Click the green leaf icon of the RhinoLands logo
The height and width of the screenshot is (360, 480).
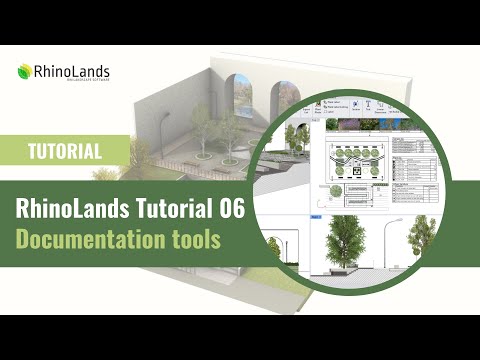pyautogui.click(x=24, y=72)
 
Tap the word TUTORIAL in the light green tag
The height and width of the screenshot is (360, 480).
pyautogui.click(x=63, y=152)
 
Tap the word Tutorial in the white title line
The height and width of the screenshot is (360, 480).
pyautogui.click(x=173, y=209)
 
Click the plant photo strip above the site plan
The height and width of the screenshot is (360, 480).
pyautogui.click(x=360, y=125)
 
